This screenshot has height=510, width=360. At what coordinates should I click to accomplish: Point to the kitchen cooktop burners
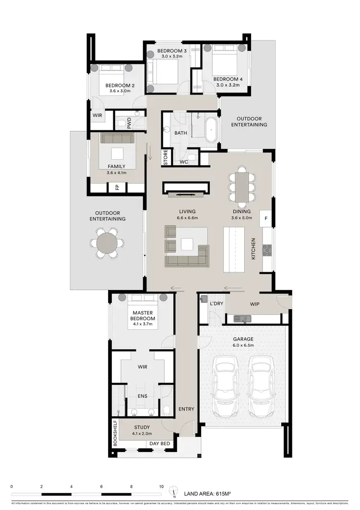(267, 250)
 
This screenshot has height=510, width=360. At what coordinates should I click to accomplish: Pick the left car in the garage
(225, 380)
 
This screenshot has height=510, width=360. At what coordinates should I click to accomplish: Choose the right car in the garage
(261, 380)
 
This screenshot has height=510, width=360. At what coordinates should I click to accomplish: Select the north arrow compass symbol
(175, 492)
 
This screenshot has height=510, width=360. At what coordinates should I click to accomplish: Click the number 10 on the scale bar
(161, 486)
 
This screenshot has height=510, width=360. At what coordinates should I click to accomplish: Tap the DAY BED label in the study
(160, 444)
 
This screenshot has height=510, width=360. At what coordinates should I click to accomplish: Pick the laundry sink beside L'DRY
(204, 298)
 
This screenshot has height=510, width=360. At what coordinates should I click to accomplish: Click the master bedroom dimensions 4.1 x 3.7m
(142, 324)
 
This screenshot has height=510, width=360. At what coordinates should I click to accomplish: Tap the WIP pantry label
(254, 304)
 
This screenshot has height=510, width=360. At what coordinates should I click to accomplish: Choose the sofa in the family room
(117, 138)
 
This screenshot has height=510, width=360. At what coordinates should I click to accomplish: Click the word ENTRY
(186, 409)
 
